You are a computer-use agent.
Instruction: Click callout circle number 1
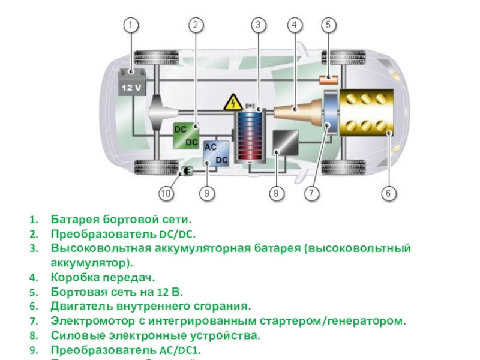(131, 25)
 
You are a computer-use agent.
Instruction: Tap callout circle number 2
(196, 25)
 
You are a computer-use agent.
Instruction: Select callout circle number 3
(258, 25)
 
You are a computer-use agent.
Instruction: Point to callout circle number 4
(295, 25)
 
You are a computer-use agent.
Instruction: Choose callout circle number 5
(328, 25)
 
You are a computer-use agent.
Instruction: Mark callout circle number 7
(311, 193)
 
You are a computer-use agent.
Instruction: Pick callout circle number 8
(276, 193)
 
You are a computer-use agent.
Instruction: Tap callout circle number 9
(206, 193)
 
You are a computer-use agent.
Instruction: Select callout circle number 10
(166, 193)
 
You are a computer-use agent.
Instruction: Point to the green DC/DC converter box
(187, 136)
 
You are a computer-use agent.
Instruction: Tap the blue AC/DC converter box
(215, 154)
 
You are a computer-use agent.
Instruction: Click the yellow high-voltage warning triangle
(232, 103)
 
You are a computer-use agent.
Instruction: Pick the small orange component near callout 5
(328, 79)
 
